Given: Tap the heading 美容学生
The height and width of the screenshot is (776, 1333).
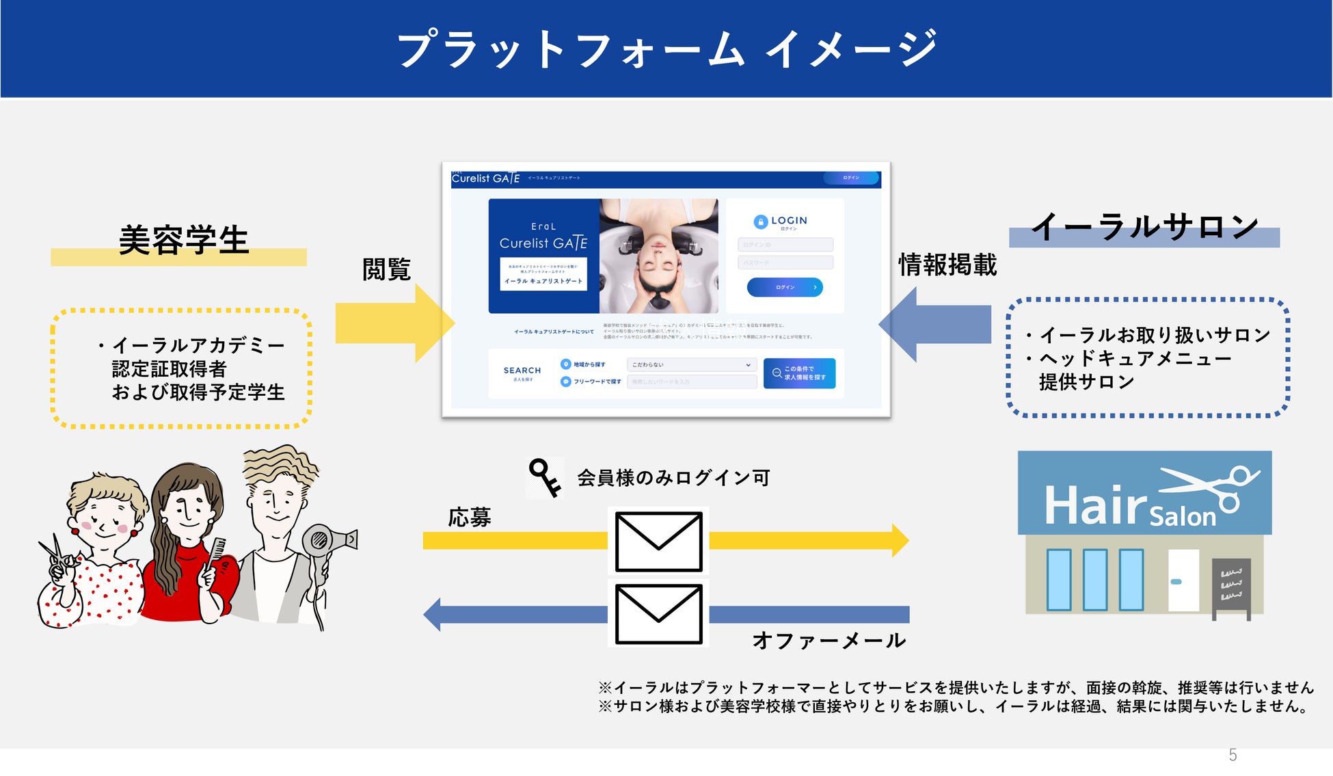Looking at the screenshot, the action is click(183, 240).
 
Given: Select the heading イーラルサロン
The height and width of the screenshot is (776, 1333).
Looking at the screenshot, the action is click(1144, 226).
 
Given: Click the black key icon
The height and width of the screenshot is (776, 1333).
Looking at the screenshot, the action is click(545, 477).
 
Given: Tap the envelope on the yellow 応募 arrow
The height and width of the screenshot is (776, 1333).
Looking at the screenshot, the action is click(658, 541).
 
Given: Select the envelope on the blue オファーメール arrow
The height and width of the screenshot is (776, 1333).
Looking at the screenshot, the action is click(658, 613).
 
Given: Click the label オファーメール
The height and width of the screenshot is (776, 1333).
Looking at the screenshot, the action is click(829, 641).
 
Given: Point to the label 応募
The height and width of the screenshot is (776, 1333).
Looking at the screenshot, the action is click(470, 517).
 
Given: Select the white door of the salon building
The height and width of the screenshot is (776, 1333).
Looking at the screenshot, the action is click(1183, 580).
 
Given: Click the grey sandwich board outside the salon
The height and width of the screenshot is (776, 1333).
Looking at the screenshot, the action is click(1231, 585).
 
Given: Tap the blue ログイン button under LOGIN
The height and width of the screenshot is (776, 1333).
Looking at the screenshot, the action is click(785, 287).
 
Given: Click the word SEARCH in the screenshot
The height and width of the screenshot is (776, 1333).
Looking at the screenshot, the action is click(522, 370).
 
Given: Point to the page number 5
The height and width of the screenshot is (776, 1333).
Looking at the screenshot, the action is click(1233, 755).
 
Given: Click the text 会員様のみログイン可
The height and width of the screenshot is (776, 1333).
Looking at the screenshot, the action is click(673, 477).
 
